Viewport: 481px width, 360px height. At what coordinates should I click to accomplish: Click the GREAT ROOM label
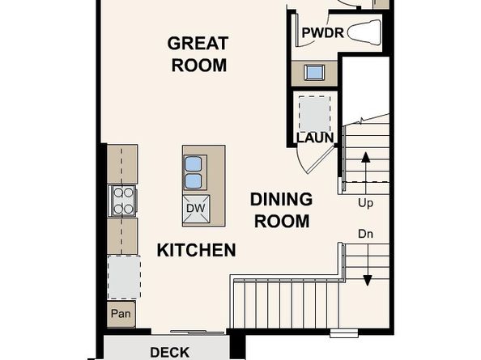(x=198, y=54)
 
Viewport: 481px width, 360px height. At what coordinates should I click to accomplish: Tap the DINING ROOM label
(x=280, y=210)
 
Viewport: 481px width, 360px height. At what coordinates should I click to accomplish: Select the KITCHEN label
(x=196, y=250)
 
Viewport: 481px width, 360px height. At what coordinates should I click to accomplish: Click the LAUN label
(x=315, y=137)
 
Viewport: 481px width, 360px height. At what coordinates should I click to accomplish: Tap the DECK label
(x=170, y=352)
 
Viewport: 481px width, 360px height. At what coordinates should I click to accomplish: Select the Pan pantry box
(x=121, y=313)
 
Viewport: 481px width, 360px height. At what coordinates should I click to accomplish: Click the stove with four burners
(x=122, y=200)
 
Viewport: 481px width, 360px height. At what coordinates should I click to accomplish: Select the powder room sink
(x=315, y=72)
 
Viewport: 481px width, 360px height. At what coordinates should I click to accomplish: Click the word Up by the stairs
(x=365, y=203)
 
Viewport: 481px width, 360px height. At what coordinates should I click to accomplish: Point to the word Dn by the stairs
(x=365, y=234)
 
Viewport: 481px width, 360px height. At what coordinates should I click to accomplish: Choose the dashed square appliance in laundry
(x=312, y=111)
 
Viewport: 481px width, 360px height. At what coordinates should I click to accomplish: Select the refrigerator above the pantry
(x=122, y=276)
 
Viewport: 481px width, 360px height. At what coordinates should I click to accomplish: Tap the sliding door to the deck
(x=198, y=332)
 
